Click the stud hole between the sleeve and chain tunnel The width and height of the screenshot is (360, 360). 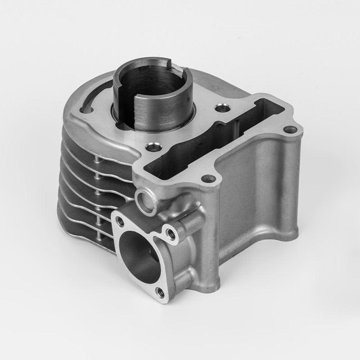tap(220, 108)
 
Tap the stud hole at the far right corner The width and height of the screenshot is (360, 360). tap(290, 130)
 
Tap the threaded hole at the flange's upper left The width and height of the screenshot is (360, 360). tap(120, 221)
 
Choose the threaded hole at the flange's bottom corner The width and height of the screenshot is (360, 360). tap(159, 292)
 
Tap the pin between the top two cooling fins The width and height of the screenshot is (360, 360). tap(97, 158)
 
